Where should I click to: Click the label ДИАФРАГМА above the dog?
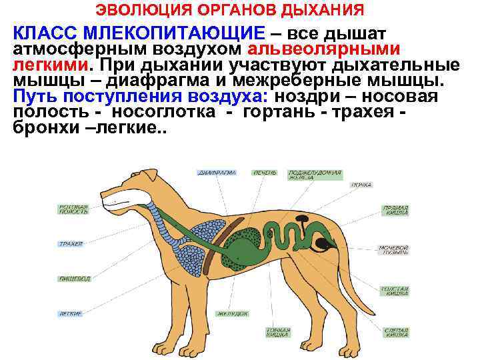point(217,172)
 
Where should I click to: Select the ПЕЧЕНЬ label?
point(264,172)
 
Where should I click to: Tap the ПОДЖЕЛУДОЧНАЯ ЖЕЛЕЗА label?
point(314,175)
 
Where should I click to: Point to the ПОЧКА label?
point(362,184)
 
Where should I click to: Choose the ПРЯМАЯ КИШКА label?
point(395,210)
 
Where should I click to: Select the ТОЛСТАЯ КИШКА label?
point(395,291)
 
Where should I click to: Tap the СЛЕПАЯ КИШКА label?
point(396,331)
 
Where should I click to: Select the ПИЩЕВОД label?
point(75,279)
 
